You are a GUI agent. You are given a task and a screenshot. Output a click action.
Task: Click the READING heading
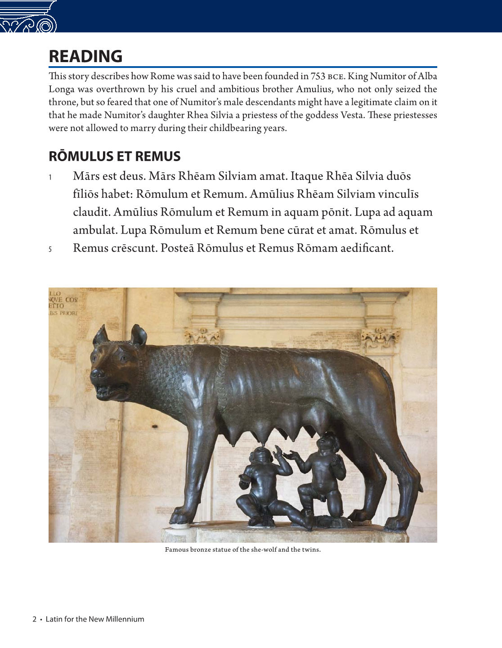tap(85, 56)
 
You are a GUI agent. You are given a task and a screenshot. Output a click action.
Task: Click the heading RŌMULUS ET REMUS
tap(114, 156)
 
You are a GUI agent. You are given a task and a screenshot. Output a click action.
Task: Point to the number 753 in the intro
tap(318, 76)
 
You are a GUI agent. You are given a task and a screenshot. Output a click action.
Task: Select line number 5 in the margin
tap(50, 249)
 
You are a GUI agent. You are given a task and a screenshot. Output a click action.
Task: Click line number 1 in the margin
tap(50, 177)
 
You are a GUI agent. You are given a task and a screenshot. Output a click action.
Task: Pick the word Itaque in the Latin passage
tap(307, 176)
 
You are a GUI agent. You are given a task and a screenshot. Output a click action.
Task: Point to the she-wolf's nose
tap(96, 373)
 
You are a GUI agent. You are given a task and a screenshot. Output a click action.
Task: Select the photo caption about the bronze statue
tap(242, 549)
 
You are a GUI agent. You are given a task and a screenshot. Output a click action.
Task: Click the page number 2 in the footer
tap(34, 619)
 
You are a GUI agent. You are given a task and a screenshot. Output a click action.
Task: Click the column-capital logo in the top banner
tap(28, 17)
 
